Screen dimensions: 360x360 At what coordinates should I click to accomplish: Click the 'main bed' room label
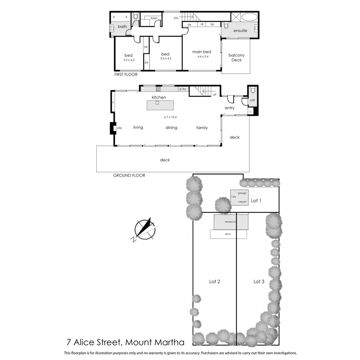202,52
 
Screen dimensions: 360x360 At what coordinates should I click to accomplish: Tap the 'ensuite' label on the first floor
240,31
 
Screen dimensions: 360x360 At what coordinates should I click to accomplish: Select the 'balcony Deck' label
236,58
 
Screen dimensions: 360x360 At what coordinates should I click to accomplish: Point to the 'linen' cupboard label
154,18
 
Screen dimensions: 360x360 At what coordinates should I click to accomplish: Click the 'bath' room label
122,27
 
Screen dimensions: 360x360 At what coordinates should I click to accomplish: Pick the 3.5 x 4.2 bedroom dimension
128,60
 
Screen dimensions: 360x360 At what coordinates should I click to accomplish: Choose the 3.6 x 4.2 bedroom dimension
165,59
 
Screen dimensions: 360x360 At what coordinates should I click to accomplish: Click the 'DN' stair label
176,18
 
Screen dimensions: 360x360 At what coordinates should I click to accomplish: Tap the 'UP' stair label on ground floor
215,95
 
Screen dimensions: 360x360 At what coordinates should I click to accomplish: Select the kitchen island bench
160,105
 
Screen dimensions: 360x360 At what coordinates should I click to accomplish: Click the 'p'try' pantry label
183,89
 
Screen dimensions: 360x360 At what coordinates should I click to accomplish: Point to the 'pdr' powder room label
253,100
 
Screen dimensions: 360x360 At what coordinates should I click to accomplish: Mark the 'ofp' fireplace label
119,128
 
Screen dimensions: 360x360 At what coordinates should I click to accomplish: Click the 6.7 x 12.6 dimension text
170,117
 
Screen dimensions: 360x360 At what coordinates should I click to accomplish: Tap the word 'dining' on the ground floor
171,128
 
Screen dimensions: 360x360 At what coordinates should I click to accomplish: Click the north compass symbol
145,229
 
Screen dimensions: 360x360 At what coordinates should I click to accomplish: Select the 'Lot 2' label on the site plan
214,282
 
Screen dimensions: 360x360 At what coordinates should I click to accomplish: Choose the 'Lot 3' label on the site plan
259,282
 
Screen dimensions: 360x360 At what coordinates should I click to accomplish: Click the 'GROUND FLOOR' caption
129,175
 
